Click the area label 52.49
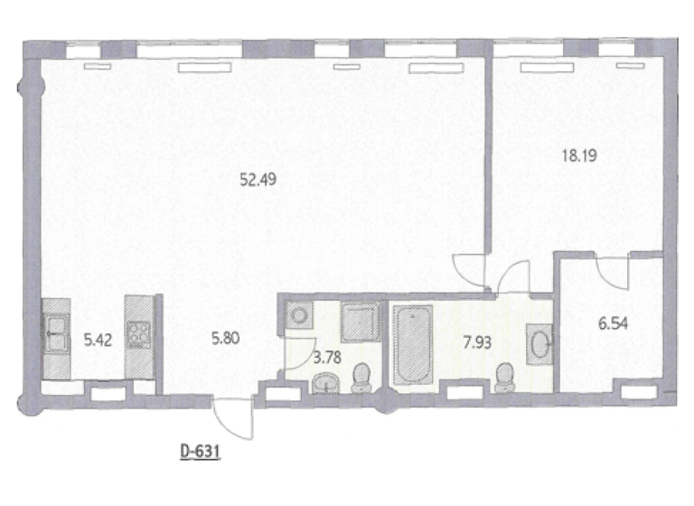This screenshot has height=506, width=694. [x=258, y=179]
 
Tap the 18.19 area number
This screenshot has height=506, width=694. [x=579, y=155]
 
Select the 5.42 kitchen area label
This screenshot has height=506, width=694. [x=98, y=340]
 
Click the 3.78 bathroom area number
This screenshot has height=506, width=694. [x=326, y=356]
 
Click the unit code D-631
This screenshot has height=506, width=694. [x=200, y=448]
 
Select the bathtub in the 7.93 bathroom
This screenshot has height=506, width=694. [x=413, y=343]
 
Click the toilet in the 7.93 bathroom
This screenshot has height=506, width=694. [x=505, y=376]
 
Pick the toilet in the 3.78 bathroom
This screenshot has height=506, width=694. [x=361, y=377]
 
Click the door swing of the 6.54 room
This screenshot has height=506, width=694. [x=611, y=268]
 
